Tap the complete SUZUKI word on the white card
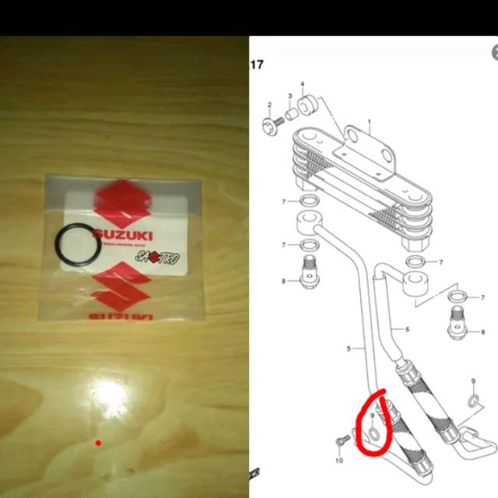123,234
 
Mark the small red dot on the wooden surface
98,444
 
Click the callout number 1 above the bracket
370,122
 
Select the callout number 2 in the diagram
269,104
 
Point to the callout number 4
302,84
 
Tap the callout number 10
339,461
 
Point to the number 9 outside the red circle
474,381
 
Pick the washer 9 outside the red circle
472,400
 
